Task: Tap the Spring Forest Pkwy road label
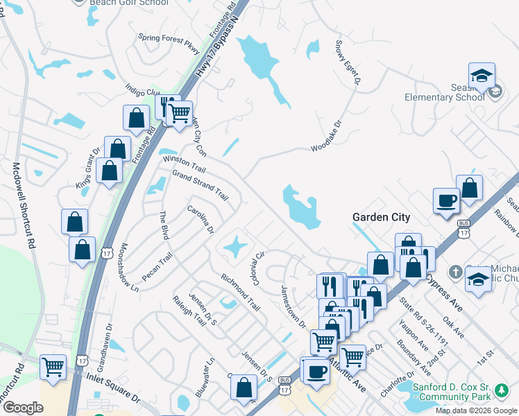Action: pyautogui.click(x=169, y=43)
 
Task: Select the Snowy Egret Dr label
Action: pyautogui.click(x=348, y=63)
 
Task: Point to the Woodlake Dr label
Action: pyautogui.click(x=327, y=137)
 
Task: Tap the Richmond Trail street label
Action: pyautogui.click(x=240, y=292)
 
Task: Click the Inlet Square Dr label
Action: pyautogui.click(x=112, y=390)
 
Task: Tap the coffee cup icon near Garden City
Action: pyautogui.click(x=446, y=201)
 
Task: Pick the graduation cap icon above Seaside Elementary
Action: pyautogui.click(x=481, y=76)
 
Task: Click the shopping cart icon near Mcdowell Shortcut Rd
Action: pyautogui.click(x=53, y=367)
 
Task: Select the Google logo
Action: pyautogui.click(x=23, y=408)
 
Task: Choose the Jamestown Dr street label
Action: pyautogui.click(x=292, y=305)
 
